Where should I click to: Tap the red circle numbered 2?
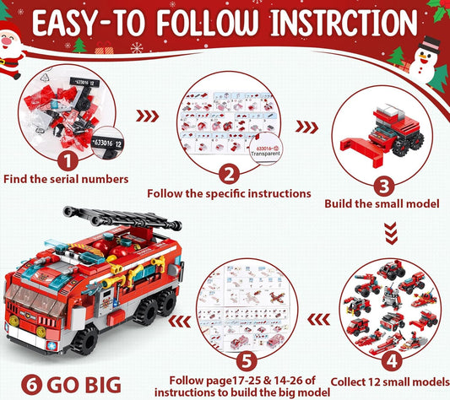(225, 173)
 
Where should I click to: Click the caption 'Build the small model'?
(385, 204)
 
